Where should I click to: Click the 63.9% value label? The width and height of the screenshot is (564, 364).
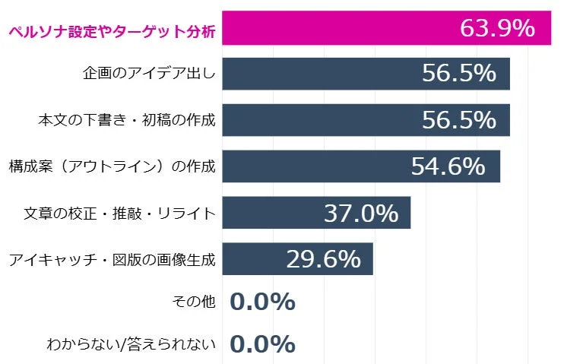click(x=497, y=28)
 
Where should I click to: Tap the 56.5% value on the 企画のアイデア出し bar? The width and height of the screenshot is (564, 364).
click(x=458, y=74)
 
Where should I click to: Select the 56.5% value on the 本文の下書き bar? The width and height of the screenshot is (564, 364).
click(x=458, y=120)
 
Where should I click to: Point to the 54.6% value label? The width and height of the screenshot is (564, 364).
click(x=448, y=166)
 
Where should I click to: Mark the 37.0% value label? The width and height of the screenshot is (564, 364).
click(x=360, y=214)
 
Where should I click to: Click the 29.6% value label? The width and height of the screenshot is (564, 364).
click(x=323, y=260)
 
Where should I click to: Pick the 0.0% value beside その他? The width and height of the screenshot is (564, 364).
click(x=261, y=302)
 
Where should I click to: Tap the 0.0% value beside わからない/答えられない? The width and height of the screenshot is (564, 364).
click(x=261, y=344)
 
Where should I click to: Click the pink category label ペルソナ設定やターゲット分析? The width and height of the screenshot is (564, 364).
click(x=111, y=32)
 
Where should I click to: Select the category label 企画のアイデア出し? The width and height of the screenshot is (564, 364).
click(x=149, y=74)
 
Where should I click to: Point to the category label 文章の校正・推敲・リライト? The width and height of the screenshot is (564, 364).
click(x=119, y=214)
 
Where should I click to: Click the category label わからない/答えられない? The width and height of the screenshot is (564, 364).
click(x=131, y=344)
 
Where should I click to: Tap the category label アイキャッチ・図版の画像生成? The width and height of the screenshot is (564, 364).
click(x=112, y=260)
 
